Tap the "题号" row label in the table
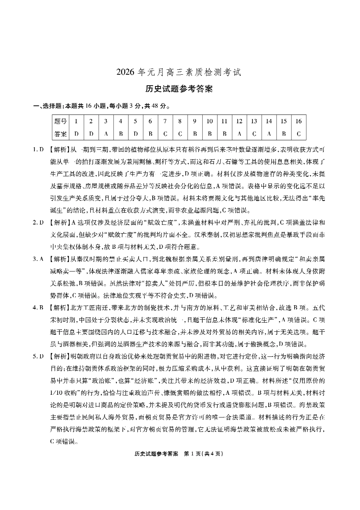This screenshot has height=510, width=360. pos(61,121)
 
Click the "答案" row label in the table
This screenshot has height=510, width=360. pos(61,134)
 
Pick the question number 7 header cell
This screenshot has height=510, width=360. pos(165,121)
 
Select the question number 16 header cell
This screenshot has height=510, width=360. pos(298,121)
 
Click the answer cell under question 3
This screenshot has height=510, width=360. pos(106,134)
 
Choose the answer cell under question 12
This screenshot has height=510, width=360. pos(239,134)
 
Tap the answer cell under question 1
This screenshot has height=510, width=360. pos(76,134)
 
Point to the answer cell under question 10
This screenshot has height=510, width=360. pos(210,134)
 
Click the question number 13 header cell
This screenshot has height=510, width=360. pos(254,121)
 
